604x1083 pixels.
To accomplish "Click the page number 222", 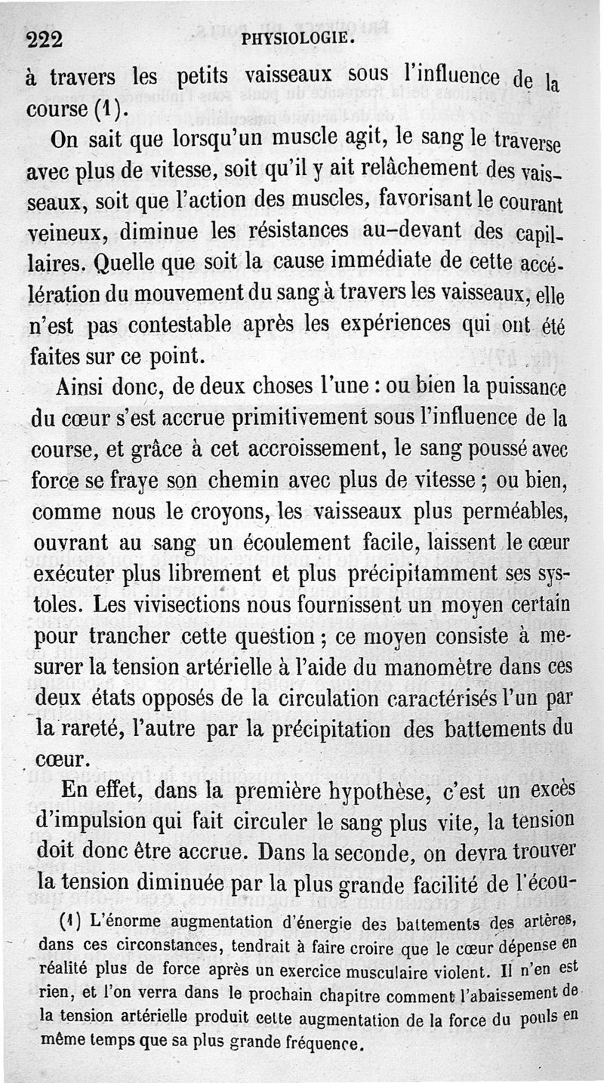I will [x=44, y=40].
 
